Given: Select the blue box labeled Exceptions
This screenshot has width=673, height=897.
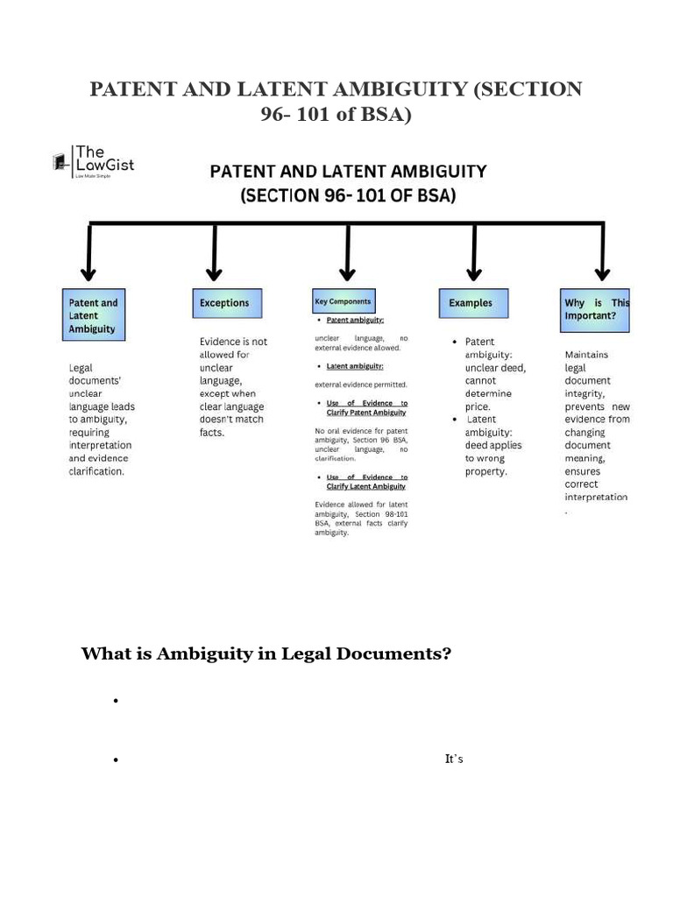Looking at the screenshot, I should (224, 303).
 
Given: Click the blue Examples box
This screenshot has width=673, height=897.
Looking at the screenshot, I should (471, 303).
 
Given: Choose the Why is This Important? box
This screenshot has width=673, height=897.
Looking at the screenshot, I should (596, 309).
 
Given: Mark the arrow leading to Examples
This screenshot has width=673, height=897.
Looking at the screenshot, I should (474, 253).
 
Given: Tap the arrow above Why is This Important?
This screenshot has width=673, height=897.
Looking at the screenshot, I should (601, 253).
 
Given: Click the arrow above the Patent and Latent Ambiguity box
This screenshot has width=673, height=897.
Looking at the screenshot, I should (89, 253).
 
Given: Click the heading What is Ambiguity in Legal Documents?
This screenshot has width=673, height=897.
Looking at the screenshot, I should (266, 653).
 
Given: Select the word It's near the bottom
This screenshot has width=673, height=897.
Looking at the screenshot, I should (454, 759).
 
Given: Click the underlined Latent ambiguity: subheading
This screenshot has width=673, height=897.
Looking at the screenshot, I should (354, 366).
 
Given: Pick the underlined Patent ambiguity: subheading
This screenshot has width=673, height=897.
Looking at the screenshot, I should (355, 321).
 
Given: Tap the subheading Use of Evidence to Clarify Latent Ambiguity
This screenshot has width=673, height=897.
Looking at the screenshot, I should (366, 482).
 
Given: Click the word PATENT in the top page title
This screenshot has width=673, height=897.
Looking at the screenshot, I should (133, 89).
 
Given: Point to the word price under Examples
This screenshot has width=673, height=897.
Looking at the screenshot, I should (477, 406).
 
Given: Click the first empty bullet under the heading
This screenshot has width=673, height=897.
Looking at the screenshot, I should (115, 702).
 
